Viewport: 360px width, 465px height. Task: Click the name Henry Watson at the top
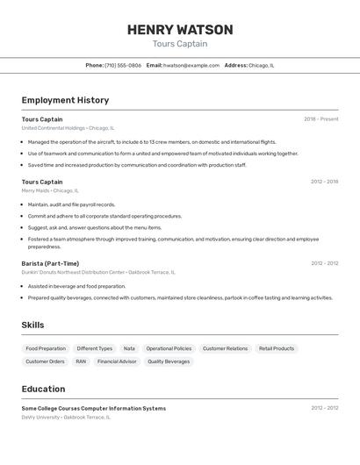[x=180, y=30]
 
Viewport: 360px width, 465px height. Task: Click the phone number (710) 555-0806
[x=122, y=65]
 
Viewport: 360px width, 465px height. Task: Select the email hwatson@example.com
[x=191, y=65]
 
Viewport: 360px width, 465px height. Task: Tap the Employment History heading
[x=65, y=100]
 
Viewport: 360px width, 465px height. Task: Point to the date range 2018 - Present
[x=320, y=119]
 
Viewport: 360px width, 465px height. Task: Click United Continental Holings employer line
[x=68, y=128]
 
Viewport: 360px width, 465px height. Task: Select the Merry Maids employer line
[x=50, y=190]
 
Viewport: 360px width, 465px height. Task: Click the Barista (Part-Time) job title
[x=50, y=263]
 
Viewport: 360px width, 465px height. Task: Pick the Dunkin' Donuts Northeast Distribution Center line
[x=98, y=272]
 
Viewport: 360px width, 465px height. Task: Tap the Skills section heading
[x=32, y=325]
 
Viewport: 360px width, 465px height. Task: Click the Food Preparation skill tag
[x=46, y=348]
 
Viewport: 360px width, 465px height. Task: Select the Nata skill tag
[x=129, y=348]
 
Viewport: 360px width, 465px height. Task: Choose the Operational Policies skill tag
[x=169, y=348]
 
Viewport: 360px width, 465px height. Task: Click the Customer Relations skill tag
[x=225, y=348]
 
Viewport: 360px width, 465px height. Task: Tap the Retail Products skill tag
[x=277, y=348]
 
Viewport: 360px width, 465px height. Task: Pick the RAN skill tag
[x=81, y=361]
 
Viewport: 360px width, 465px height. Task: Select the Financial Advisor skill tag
[x=117, y=361]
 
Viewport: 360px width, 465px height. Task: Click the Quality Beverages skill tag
[x=169, y=361]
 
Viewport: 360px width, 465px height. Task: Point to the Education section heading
[x=43, y=389]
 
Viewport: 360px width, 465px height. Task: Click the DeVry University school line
[x=66, y=418]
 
